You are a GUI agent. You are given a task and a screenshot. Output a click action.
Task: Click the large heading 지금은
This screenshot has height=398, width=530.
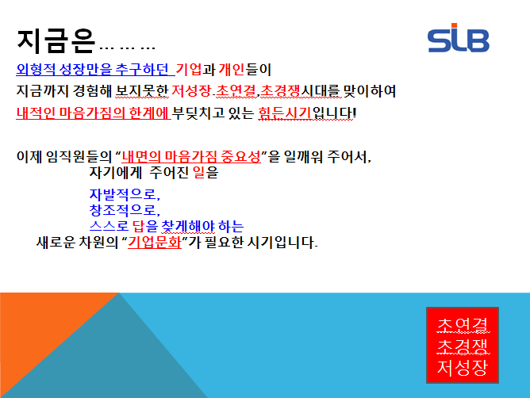(x=56, y=41)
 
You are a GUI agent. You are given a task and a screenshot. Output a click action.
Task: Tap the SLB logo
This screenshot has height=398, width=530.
(x=459, y=38)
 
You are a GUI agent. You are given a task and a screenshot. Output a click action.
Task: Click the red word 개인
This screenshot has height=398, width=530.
(x=231, y=70)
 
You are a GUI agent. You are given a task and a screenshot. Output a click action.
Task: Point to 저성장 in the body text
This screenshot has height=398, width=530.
(x=192, y=91)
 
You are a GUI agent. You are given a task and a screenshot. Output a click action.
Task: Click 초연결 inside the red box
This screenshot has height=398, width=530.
(x=463, y=325)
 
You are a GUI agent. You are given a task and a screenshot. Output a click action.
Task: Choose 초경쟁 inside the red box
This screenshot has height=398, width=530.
(x=463, y=346)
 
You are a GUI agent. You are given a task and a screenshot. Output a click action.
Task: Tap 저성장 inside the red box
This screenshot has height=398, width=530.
(x=463, y=367)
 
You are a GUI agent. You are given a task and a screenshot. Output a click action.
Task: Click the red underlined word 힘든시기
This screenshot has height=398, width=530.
(x=285, y=113)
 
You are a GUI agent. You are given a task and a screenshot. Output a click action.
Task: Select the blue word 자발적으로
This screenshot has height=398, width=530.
(x=125, y=194)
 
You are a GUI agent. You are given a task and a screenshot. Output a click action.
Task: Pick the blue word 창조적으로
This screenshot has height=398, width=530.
(x=125, y=210)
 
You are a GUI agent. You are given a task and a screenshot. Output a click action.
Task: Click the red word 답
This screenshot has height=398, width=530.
(x=138, y=226)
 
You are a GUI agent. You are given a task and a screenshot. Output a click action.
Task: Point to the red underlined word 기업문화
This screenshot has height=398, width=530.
(x=155, y=243)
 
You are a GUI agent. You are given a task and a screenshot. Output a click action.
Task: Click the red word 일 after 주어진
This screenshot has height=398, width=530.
(x=198, y=173)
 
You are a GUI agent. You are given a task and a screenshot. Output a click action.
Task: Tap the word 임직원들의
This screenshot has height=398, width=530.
(x=79, y=156)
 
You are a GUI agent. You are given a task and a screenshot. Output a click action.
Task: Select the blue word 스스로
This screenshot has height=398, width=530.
(x=109, y=226)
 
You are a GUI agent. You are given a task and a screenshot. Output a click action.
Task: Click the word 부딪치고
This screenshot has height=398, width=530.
(x=198, y=113)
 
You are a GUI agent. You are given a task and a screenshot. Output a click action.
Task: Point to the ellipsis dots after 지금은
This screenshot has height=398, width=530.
(x=128, y=48)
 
